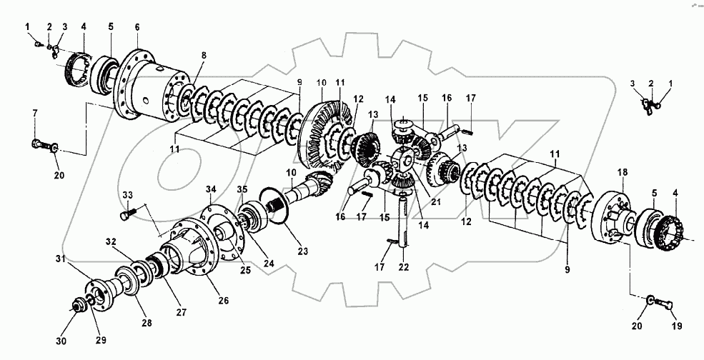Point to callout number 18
[622, 173]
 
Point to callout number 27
[181, 312]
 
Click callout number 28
[147, 324]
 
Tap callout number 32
[111, 241]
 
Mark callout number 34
[211, 189]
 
